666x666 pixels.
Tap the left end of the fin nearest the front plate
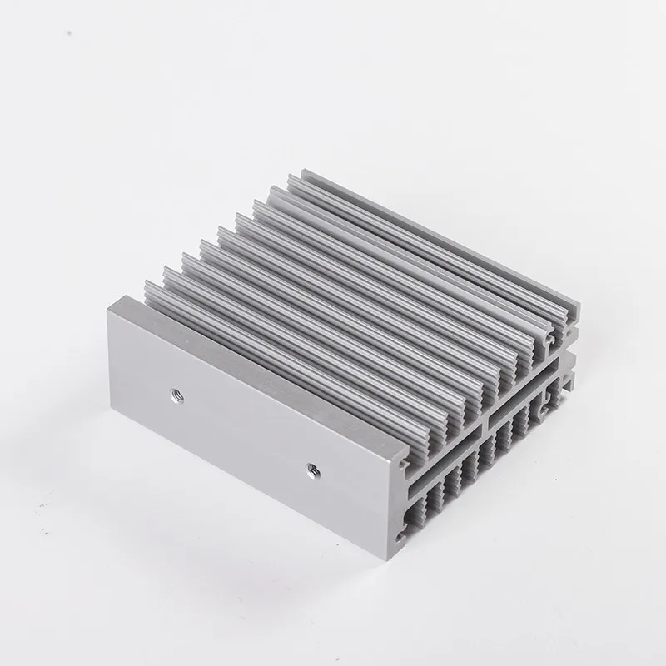[x=148, y=287]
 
